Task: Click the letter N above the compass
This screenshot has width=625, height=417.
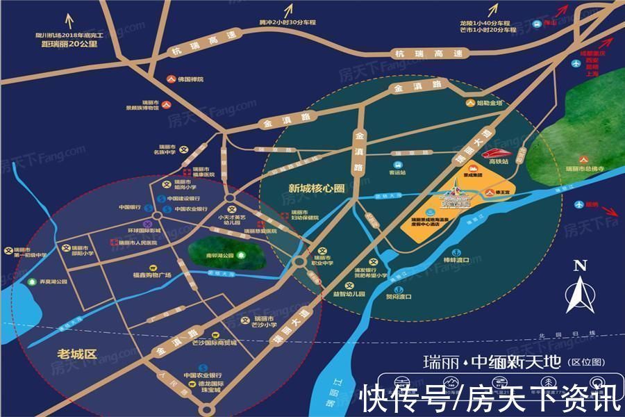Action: point(581,265)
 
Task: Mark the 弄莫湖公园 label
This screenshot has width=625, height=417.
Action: point(52,282)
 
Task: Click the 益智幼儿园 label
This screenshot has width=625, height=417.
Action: point(349,294)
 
